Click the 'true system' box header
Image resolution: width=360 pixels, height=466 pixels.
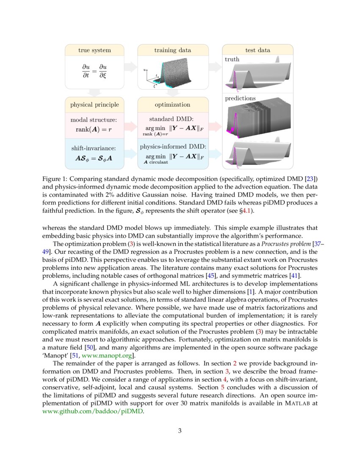point(94,50)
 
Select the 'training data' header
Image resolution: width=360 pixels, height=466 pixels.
point(172,50)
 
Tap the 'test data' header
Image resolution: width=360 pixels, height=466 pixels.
point(258,50)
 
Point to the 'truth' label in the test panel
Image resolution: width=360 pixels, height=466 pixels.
point(232,59)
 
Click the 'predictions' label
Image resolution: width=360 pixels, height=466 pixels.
point(240,98)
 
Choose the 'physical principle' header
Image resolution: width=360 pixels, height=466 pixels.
point(94,104)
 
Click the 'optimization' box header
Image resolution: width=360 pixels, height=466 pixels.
point(172,104)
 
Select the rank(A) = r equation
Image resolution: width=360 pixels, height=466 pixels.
point(94,130)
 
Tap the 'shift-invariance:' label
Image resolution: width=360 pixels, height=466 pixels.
point(94,148)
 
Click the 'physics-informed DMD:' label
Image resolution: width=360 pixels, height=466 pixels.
point(173,147)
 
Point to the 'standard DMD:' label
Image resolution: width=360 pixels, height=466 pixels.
point(172,119)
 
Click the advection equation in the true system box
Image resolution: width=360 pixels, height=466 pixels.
point(94,71)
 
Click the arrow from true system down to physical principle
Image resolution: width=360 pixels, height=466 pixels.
point(94,92)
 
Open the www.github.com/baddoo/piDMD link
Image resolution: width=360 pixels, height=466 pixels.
point(94,411)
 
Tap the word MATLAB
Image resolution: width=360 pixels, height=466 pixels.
point(296,403)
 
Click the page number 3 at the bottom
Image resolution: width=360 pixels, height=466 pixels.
point(180,431)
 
